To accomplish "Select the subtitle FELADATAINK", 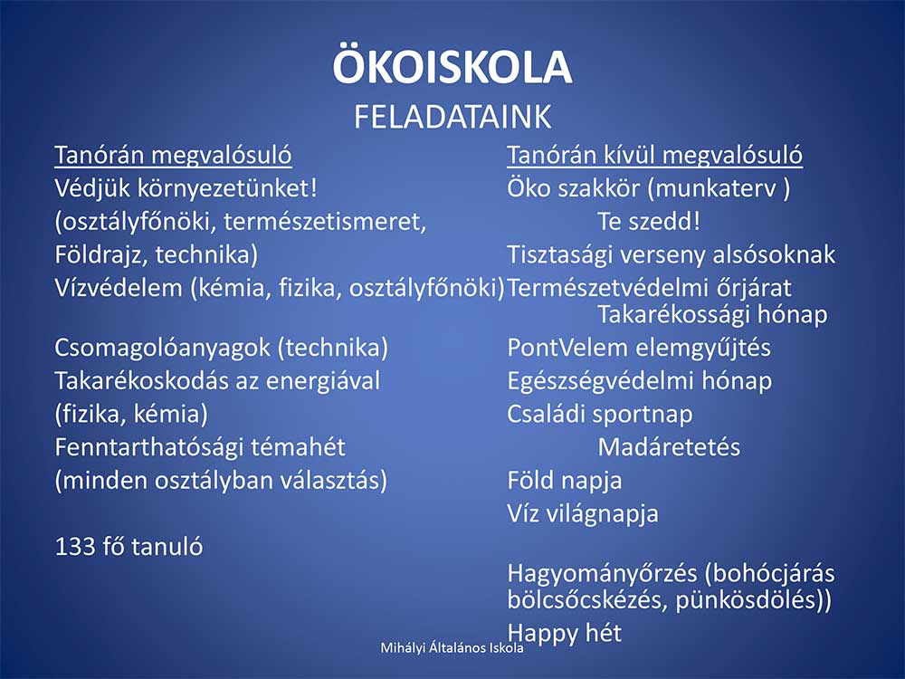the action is tap(452, 117).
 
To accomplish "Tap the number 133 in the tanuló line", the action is tap(74, 547).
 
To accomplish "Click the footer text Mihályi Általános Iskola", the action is tap(452, 648).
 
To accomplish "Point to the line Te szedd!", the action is tap(649, 222).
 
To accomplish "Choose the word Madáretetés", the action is tap(669, 447).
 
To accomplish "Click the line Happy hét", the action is tap(565, 634).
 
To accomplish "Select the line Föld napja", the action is tap(565, 481).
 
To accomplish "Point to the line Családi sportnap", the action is tap(600, 415).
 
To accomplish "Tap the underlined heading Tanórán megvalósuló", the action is tap(173, 156).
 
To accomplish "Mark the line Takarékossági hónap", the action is tap(712, 315).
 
